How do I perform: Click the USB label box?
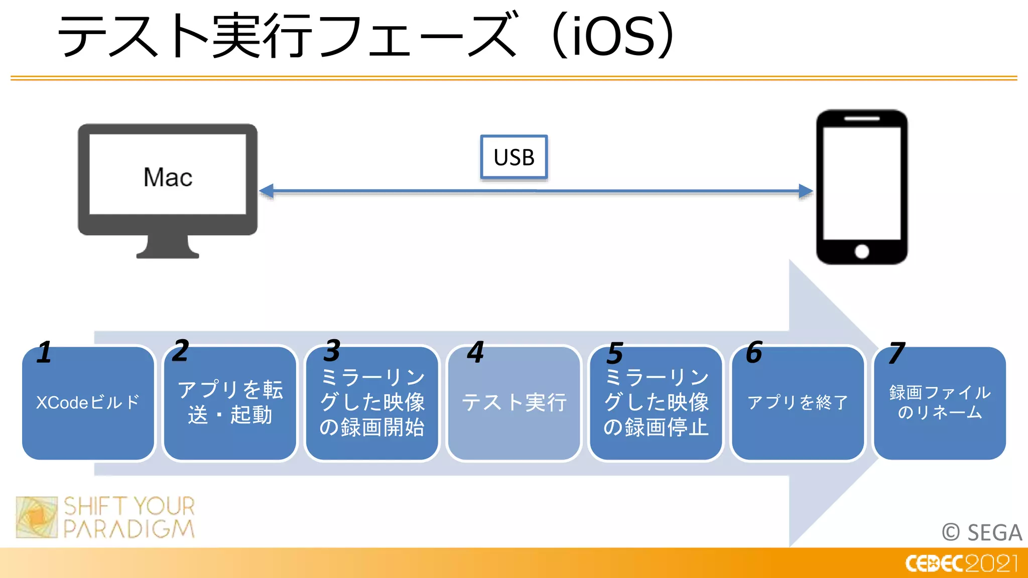pyautogui.click(x=513, y=157)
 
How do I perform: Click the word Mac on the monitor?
pyautogui.click(x=168, y=177)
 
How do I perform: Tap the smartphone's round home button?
pyautogui.click(x=862, y=251)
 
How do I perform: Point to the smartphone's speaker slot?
pyautogui.click(x=861, y=119)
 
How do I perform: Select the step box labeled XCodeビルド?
pyautogui.click(x=88, y=403)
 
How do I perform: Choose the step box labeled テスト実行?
pyautogui.click(x=514, y=403)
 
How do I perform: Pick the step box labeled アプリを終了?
pyautogui.click(x=798, y=403)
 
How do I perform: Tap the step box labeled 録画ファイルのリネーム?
pyautogui.click(x=940, y=403)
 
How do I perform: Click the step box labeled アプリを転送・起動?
pyautogui.click(x=230, y=403)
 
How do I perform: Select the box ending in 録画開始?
pyautogui.click(x=372, y=403)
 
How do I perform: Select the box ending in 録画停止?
pyautogui.click(x=656, y=403)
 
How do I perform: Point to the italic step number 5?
pyautogui.click(x=614, y=353)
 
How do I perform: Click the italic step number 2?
pyautogui.click(x=180, y=350)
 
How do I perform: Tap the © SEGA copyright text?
pyautogui.click(x=981, y=532)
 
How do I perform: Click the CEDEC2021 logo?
pyautogui.click(x=961, y=563)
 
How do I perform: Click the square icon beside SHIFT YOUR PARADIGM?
pyautogui.click(x=37, y=517)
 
